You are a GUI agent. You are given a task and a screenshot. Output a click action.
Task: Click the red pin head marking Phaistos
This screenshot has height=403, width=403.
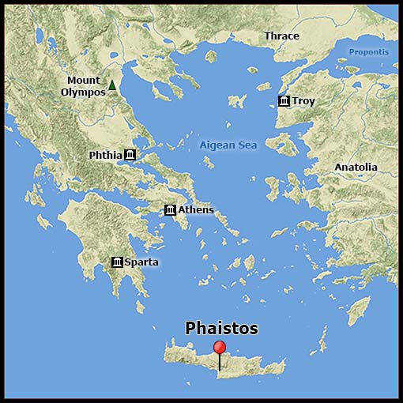click(x=220, y=348)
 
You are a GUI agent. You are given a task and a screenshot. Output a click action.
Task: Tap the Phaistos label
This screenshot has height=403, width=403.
click(x=221, y=327)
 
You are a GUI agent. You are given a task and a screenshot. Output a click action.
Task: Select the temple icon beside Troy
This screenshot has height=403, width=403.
click(x=284, y=101)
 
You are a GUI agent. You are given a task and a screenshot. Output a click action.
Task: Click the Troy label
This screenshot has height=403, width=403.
click(x=303, y=101)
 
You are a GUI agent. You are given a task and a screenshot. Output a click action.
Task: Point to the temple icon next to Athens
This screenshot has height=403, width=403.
click(x=170, y=209)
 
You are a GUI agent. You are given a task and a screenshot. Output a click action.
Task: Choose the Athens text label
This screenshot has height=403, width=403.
click(x=196, y=209)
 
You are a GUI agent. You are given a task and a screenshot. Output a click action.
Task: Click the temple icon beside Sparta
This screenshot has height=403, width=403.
click(x=117, y=262)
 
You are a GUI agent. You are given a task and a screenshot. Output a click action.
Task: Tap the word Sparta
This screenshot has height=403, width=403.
click(x=141, y=262)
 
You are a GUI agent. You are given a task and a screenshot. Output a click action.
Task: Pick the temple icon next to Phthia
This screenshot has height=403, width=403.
click(x=130, y=155)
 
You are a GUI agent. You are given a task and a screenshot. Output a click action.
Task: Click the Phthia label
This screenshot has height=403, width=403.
click(x=105, y=155)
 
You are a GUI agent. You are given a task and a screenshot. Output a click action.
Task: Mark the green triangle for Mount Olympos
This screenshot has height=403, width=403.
click(x=112, y=85)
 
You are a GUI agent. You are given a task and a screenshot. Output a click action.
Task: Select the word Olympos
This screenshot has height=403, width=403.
click(x=83, y=92)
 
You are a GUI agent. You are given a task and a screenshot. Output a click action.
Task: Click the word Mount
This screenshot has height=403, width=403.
click(x=83, y=81)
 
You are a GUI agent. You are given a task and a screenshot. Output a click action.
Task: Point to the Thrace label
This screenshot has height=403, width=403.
click(x=281, y=36)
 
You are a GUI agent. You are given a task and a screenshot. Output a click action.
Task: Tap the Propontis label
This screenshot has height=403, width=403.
click(x=369, y=52)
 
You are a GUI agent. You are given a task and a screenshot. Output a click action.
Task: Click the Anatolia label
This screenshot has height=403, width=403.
click(x=356, y=168)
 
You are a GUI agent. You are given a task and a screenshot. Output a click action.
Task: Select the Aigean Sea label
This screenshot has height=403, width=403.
click(x=228, y=145)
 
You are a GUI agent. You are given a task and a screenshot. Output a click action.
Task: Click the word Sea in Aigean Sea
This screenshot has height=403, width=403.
click(x=249, y=145)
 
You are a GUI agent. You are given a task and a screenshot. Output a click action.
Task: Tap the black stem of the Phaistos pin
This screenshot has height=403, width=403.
click(x=220, y=363)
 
